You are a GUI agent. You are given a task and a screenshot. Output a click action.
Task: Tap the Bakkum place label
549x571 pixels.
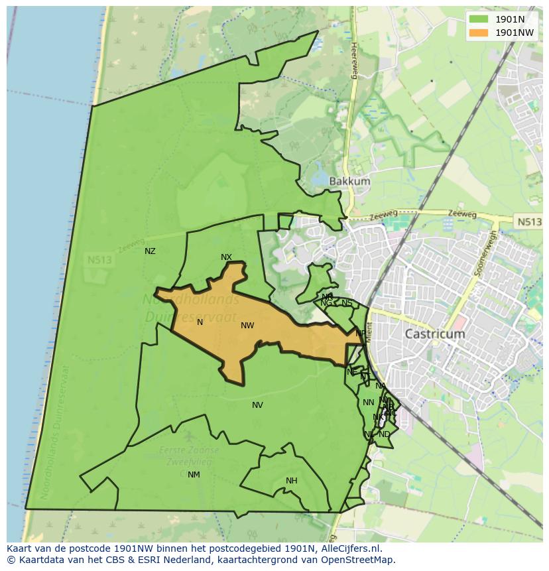pos(349,181)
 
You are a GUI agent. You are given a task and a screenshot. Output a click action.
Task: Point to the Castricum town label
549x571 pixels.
pos(434,334)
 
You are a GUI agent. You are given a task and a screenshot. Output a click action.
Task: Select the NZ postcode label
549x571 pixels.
pos(150,251)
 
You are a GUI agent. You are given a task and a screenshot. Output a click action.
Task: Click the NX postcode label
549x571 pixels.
pos(226,257)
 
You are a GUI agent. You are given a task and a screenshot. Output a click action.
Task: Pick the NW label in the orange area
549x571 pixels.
pos(247,326)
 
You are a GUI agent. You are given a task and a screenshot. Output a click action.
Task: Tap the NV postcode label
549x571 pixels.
pos(257,405)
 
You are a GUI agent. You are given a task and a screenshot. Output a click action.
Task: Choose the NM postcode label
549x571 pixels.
pos(194,475)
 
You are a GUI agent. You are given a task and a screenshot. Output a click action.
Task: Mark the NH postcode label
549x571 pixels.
pos(291,481)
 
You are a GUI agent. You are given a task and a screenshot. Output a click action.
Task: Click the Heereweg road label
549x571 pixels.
pos(354,61)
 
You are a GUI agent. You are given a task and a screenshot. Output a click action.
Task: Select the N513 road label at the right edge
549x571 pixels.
pos(528,222)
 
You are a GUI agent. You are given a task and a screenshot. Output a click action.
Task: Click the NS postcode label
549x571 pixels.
pos(347,303)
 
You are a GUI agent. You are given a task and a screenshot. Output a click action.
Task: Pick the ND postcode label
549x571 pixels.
pos(384,434)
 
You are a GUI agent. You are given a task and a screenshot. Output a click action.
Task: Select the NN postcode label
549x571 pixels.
pos(368,403)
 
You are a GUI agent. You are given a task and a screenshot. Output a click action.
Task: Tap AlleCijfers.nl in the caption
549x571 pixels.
pos(348,549)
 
